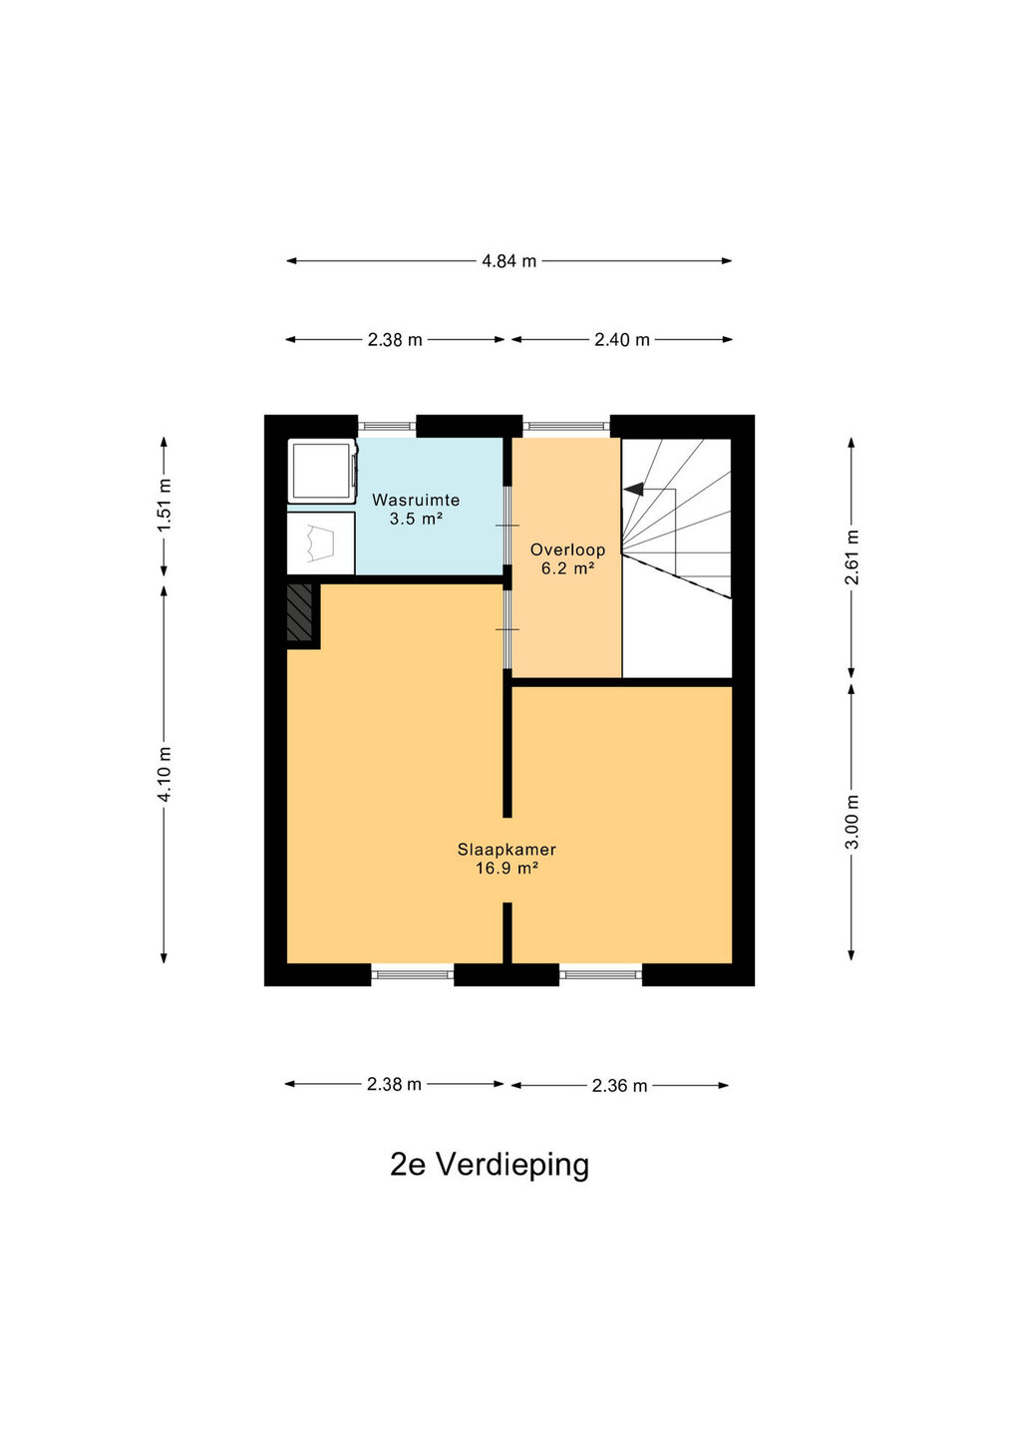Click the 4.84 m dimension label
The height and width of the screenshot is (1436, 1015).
(508, 261)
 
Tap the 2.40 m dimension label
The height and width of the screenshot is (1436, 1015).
(621, 340)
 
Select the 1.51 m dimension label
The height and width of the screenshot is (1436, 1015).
(165, 505)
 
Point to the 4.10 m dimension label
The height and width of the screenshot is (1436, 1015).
(165, 774)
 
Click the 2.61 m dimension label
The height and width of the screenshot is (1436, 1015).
(851, 557)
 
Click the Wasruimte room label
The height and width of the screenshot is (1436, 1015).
(416, 500)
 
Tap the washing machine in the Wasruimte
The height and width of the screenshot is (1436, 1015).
(322, 471)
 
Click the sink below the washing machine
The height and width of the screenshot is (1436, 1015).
(320, 542)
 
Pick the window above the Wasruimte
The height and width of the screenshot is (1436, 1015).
(387, 425)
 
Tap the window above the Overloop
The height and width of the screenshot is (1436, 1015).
(565, 425)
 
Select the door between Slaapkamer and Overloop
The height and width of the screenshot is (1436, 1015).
(507, 629)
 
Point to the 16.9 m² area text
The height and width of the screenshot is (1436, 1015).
(507, 869)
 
